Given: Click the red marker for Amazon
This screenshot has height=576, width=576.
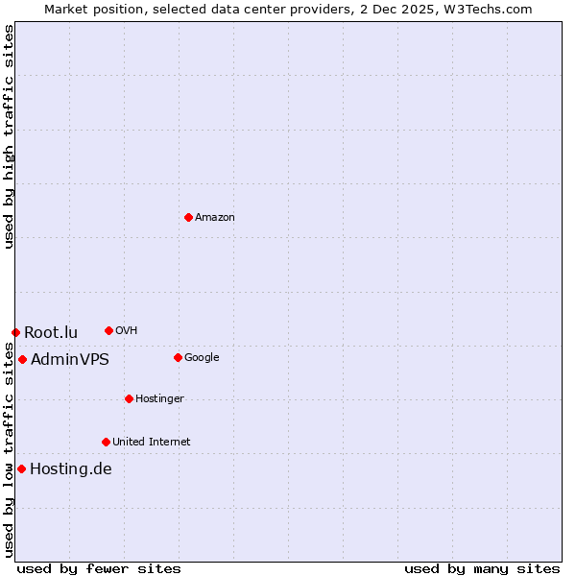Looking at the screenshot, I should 188,217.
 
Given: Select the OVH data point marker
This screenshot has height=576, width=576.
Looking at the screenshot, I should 108,330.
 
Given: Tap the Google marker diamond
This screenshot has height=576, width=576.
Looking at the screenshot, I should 178,357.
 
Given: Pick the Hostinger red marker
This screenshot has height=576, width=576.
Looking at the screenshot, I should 129,398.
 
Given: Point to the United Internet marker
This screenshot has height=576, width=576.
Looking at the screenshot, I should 106,442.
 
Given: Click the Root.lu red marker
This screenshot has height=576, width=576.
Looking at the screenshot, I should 15,332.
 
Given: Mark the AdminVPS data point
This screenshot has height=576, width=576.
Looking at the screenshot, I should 22,359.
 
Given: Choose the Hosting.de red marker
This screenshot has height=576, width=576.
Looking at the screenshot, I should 21,468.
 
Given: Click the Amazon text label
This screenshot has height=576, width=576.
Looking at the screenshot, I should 215,218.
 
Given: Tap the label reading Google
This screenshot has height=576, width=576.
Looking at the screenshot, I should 202,358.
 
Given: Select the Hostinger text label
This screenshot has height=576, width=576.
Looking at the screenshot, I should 159,399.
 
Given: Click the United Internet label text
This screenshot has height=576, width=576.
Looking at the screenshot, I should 152,443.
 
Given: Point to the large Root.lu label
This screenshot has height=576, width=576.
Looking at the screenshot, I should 51,333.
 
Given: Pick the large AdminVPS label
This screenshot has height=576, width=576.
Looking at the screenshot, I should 70,360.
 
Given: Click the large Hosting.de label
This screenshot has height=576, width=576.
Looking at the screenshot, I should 71,469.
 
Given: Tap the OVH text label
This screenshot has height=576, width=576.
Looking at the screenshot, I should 126,331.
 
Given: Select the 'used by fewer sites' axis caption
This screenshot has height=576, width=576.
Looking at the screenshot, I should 99,568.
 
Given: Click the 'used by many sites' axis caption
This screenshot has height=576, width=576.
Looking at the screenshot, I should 482,568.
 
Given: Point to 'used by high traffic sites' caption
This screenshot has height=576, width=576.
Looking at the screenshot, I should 9,136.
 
